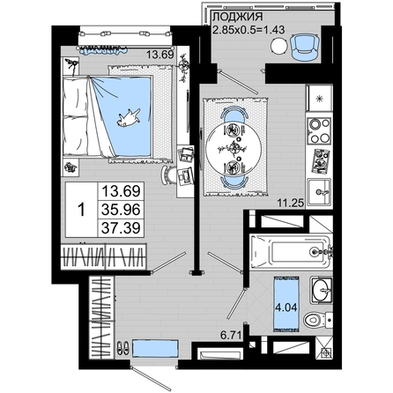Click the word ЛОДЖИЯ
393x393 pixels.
click(x=237, y=17)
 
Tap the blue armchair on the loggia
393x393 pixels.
click(x=306, y=47)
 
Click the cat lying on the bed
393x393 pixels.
click(x=128, y=117)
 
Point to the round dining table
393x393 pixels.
click(x=234, y=148)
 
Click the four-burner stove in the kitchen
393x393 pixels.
click(x=319, y=130)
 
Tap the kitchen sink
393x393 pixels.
click(x=319, y=192)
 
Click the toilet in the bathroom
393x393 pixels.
click(x=318, y=319)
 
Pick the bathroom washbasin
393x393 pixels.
click(x=322, y=290)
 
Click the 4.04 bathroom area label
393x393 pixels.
click(x=286, y=308)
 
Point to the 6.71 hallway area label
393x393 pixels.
click(x=231, y=335)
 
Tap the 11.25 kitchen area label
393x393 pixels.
click(x=291, y=203)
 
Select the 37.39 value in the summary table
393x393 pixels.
click(x=121, y=227)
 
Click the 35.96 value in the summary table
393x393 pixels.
click(x=121, y=210)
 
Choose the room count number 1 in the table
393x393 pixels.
click(x=81, y=210)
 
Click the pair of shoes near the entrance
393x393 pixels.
click(x=123, y=348)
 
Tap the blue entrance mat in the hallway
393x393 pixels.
click(x=155, y=348)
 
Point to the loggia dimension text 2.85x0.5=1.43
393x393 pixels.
click(x=248, y=30)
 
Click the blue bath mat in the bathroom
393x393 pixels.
click(x=286, y=304)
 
